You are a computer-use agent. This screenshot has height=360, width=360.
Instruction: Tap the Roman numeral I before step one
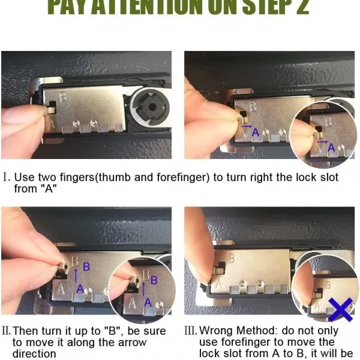6,178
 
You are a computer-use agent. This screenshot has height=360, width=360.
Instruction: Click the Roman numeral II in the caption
7,331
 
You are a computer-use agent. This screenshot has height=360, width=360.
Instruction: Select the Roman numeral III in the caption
190,331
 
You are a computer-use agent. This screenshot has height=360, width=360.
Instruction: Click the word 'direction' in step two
34,354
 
